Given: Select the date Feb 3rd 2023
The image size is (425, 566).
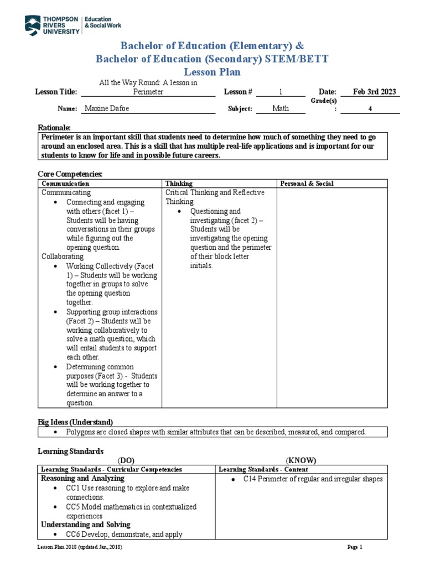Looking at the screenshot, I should click(x=370, y=92).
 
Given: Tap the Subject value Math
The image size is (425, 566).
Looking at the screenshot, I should click(x=281, y=108).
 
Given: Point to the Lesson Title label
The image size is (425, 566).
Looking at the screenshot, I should click(x=55, y=92).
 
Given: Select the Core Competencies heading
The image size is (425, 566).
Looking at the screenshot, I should click(x=70, y=174).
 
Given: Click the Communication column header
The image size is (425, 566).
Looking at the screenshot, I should click(x=65, y=184).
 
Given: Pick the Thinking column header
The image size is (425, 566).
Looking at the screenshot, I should click(x=179, y=184).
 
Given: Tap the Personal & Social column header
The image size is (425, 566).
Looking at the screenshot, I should click(x=307, y=184).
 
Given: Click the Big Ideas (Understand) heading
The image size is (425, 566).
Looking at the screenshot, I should click(x=75, y=422).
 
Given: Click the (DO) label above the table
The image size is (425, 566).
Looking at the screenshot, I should click(x=126, y=460).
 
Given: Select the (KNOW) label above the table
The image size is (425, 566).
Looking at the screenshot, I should click(x=301, y=460).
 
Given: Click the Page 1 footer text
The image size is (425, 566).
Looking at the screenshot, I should click(x=354, y=547).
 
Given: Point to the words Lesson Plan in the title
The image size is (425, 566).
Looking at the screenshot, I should click(x=212, y=72).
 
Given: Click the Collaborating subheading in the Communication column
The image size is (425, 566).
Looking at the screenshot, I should click(x=63, y=256).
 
